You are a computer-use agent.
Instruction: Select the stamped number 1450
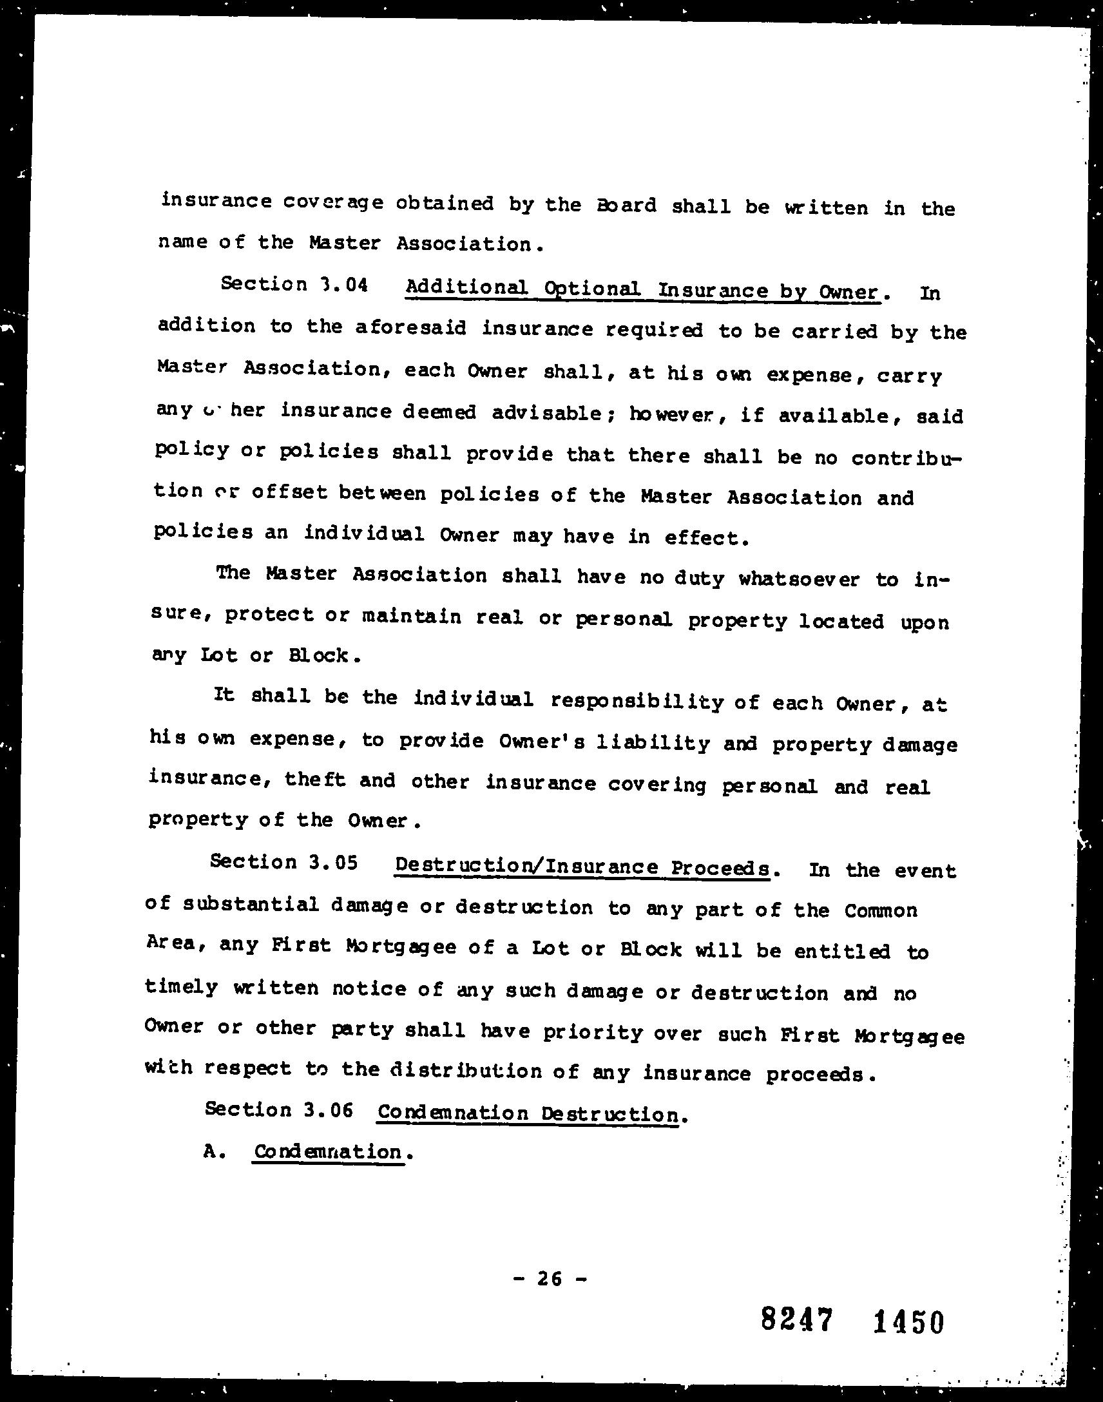tap(908, 1322)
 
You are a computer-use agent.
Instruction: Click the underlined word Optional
tap(592, 289)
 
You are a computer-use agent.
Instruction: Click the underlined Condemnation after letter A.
tap(328, 1151)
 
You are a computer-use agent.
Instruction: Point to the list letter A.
tap(210, 1151)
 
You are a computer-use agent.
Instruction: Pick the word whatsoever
tap(799, 579)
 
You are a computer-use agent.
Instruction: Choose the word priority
tap(592, 1032)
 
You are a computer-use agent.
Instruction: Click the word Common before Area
tap(880, 910)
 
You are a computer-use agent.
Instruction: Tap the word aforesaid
tap(410, 328)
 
